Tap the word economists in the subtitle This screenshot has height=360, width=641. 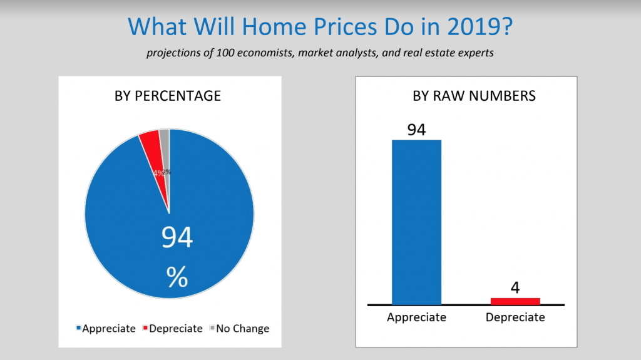click(x=258, y=53)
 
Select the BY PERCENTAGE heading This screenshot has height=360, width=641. click(x=167, y=96)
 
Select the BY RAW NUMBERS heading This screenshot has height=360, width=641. click(x=465, y=96)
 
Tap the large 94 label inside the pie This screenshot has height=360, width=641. click(x=177, y=239)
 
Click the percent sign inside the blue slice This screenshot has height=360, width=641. click(x=177, y=276)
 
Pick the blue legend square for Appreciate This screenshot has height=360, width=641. click(x=78, y=329)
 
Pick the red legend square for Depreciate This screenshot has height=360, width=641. click(x=146, y=329)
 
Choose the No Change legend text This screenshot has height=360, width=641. click(x=242, y=329)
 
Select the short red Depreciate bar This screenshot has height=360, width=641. click(x=515, y=301)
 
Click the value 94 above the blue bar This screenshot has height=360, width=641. click(x=416, y=130)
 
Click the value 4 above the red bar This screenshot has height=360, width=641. click(x=515, y=288)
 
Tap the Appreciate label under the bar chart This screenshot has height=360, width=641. click(x=416, y=317)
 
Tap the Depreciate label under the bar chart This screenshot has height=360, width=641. click(x=515, y=317)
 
